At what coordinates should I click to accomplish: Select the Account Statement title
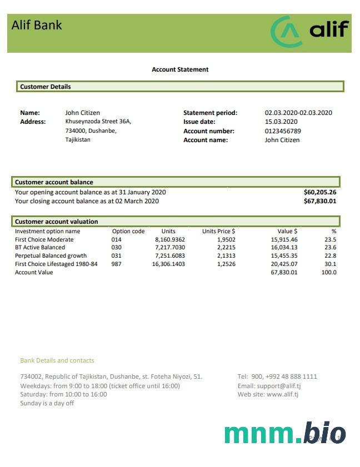coord(180,69)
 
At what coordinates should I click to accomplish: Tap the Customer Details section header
coord(46,87)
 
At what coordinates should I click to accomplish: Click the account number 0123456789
coord(283,131)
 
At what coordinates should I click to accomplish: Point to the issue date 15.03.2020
coord(281,122)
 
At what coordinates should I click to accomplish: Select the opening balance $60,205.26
coord(320,192)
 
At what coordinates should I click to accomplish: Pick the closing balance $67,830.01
coord(320,201)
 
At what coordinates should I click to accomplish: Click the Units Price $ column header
coord(218,231)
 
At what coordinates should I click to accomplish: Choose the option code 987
coord(117,264)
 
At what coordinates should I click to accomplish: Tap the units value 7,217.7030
coord(169,247)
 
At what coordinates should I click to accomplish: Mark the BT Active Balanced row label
coord(40,247)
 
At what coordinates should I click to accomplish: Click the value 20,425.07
coord(284,264)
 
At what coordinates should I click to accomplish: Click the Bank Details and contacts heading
coord(57,360)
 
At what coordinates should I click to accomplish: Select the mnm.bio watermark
coord(285,433)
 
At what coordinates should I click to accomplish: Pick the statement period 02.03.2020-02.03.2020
coord(298,113)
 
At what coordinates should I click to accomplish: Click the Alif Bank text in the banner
coord(37,25)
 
